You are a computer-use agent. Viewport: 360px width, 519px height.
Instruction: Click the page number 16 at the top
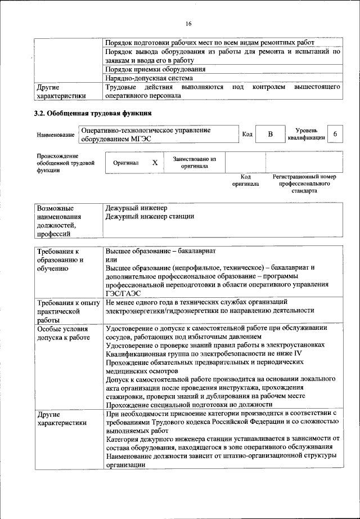[x=188, y=23]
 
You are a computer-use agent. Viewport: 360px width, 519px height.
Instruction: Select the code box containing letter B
[x=270, y=134]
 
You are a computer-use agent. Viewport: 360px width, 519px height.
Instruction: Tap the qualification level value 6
[x=335, y=134]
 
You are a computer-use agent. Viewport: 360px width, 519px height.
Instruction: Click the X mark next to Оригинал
[x=155, y=162]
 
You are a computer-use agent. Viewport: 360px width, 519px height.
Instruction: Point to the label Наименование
[x=56, y=135]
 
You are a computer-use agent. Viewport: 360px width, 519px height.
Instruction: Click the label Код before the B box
[x=247, y=135]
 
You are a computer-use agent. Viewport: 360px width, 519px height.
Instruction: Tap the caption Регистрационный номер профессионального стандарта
[x=304, y=184]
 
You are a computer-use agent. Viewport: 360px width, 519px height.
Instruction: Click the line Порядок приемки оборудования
[x=155, y=70]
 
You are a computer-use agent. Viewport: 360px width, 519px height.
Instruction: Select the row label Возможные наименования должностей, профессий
[x=59, y=221]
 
